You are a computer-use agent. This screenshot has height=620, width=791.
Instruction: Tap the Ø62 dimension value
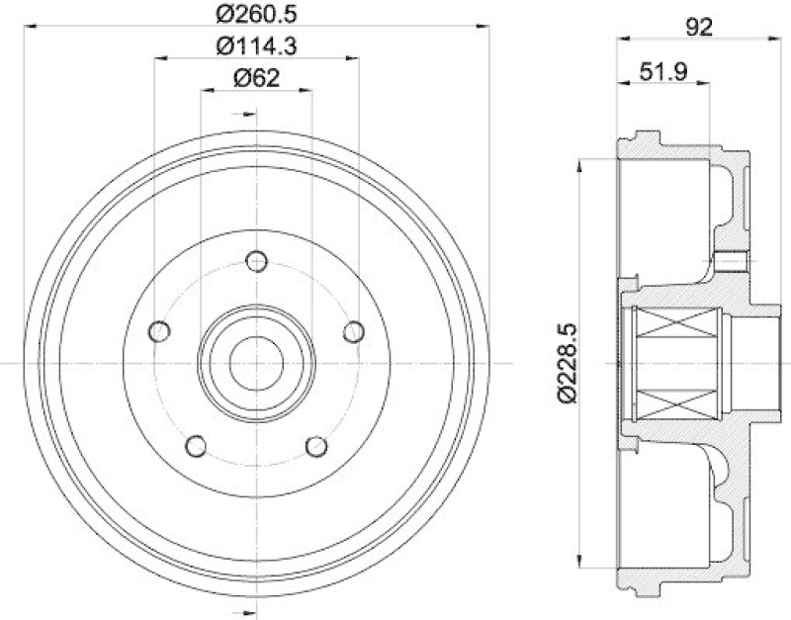256,78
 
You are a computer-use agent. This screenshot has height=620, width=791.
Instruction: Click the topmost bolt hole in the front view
257,262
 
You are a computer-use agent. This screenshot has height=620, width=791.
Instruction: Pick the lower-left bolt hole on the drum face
197,447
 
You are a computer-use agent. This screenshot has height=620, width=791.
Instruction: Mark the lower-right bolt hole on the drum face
316,447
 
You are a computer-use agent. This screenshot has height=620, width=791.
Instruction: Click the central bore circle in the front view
256,363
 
